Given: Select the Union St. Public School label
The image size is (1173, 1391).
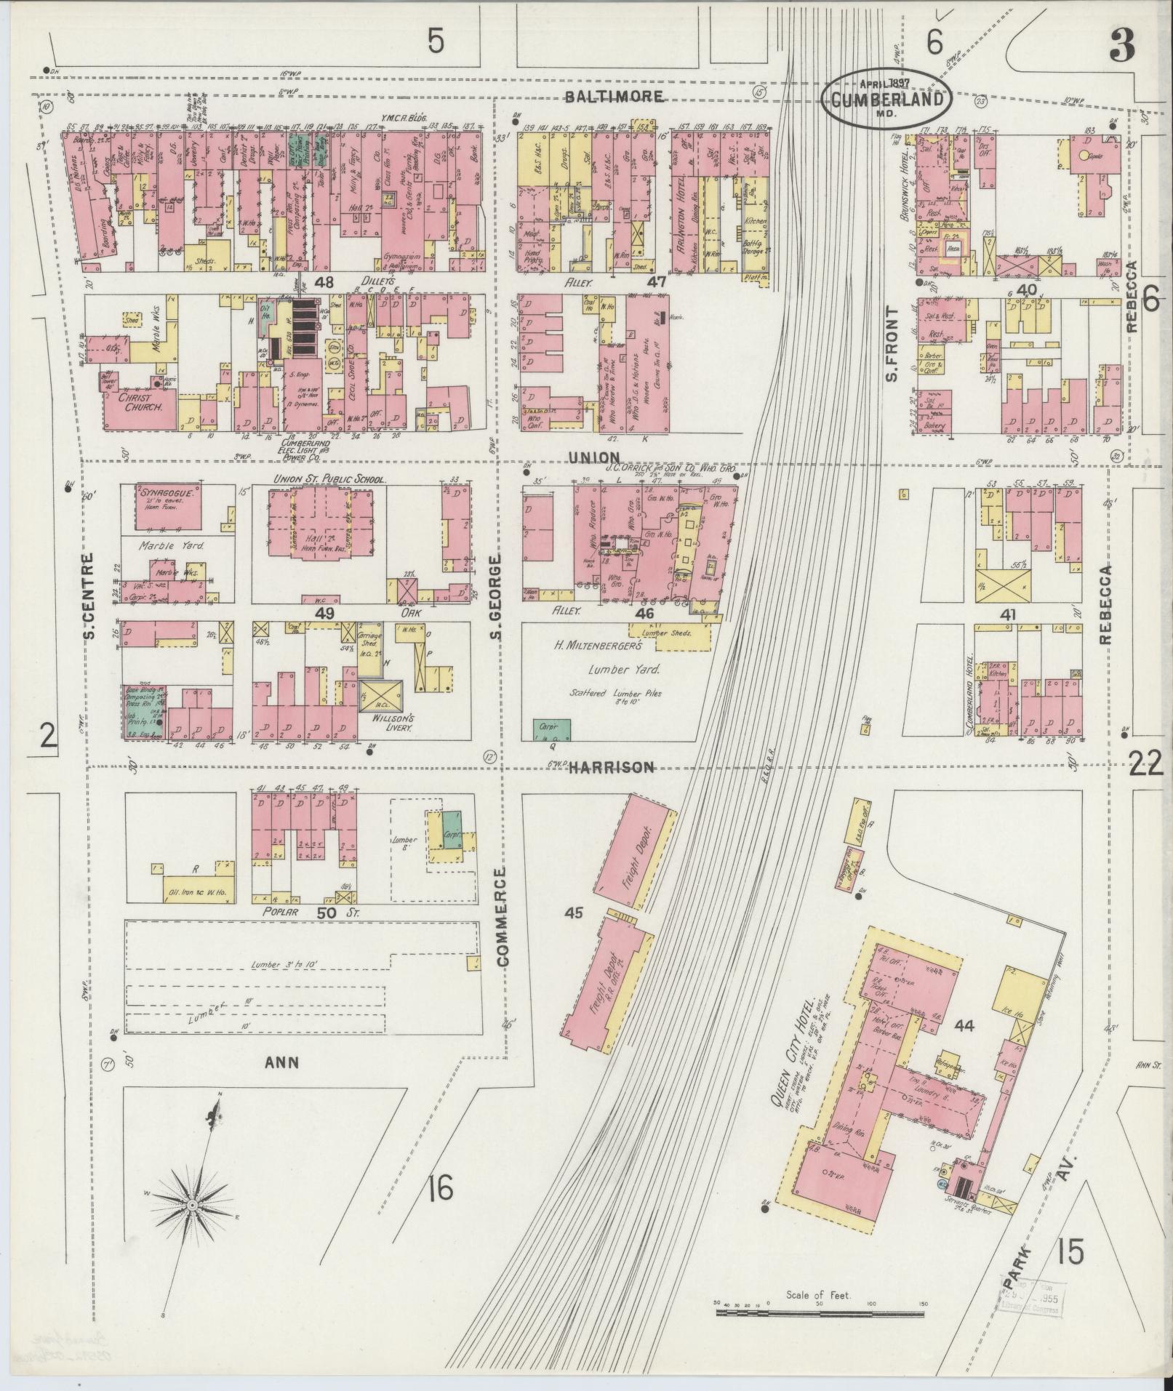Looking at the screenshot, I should point(328,479).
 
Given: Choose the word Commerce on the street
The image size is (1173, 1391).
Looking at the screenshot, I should point(503,915).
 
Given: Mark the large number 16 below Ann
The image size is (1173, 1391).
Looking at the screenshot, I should point(440,1189).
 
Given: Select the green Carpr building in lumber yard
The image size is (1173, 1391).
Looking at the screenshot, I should point(552,726).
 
